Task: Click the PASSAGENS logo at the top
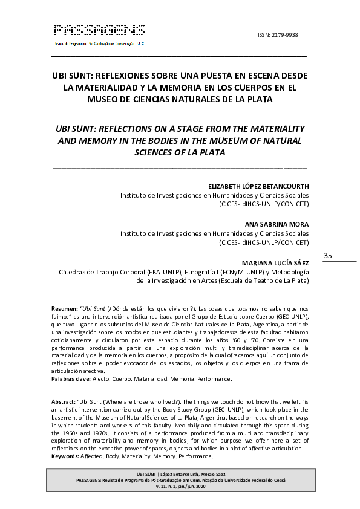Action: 99,30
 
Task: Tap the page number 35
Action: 329,255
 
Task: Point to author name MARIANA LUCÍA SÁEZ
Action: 275,262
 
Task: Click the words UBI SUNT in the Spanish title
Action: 71,76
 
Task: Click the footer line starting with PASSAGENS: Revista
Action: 181,480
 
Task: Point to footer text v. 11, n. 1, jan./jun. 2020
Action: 181,487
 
